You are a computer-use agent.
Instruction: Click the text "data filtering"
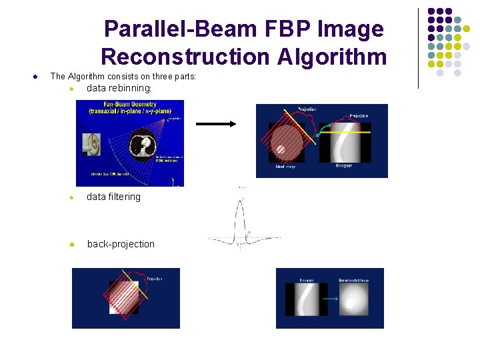[x=113, y=197]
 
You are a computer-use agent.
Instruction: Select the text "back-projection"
[x=121, y=244]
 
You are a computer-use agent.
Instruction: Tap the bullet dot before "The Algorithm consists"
[x=34, y=77]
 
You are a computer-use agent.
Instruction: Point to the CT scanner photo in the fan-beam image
[x=92, y=144]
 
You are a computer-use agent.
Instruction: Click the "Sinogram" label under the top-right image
[x=344, y=166]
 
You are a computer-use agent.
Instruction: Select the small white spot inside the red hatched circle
[x=281, y=149]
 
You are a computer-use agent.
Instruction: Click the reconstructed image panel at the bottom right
[x=353, y=299]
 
